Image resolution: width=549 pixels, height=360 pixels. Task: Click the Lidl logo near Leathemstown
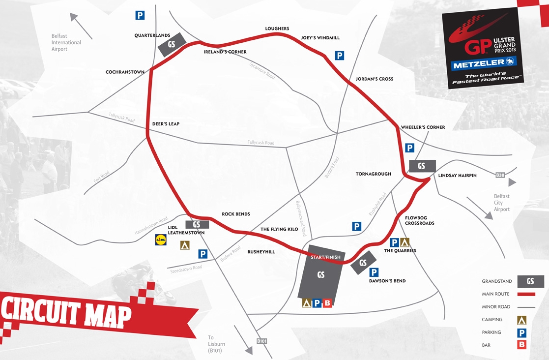click(x=161, y=240)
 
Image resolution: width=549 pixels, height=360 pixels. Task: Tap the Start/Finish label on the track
click(x=325, y=257)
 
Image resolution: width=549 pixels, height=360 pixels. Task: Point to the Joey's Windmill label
click(x=320, y=38)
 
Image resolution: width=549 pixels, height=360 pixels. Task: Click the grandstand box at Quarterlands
click(x=172, y=44)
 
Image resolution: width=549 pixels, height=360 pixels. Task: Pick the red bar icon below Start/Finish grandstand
click(x=327, y=303)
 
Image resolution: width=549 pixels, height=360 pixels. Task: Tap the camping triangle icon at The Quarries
click(x=405, y=242)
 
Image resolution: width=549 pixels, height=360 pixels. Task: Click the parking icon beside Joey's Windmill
click(x=339, y=56)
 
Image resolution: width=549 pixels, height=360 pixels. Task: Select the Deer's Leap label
click(x=166, y=124)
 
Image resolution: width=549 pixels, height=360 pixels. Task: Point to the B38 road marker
click(x=500, y=175)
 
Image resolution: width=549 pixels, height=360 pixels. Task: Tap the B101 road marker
click(x=261, y=340)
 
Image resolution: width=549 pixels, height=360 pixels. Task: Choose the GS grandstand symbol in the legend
click(x=530, y=281)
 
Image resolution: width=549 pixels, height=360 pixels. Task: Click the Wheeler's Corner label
click(x=423, y=127)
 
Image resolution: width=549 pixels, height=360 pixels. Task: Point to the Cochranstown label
click(x=125, y=72)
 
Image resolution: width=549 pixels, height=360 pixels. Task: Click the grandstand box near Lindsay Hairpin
click(x=421, y=166)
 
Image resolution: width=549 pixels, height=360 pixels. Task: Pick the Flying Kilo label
click(x=279, y=229)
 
